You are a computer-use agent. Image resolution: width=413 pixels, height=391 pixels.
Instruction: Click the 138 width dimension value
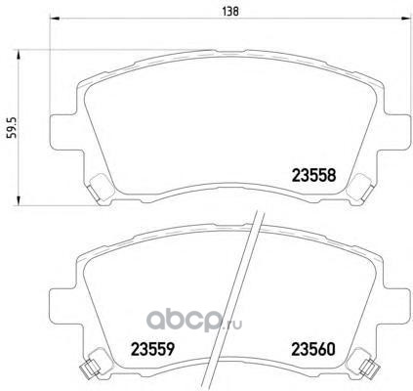230,12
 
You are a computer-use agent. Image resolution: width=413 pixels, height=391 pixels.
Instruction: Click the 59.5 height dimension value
12,127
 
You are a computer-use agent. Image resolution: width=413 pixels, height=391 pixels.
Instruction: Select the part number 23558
313,176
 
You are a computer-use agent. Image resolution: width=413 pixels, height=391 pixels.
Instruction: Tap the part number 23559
152,350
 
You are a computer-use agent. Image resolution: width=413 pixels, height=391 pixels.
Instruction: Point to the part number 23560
313,350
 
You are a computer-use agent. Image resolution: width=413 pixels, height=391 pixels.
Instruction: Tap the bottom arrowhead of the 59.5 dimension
19,200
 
